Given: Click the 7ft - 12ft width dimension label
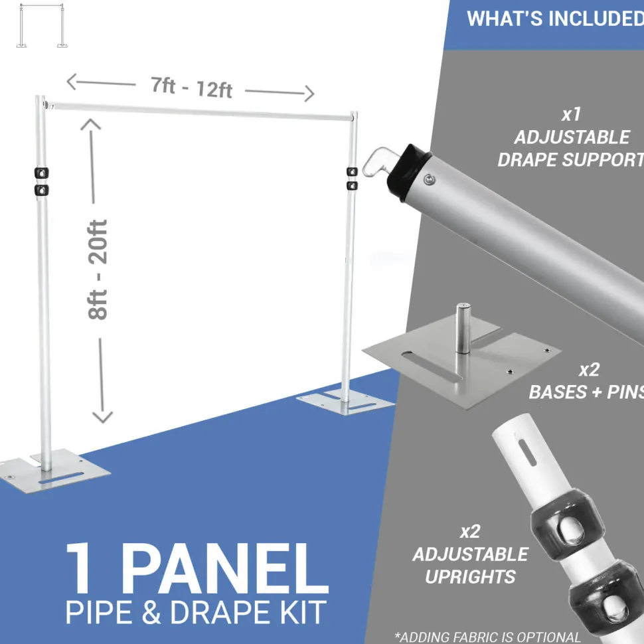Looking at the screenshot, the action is pyautogui.click(x=192, y=88).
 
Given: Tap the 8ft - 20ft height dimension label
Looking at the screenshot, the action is pyautogui.click(x=98, y=270).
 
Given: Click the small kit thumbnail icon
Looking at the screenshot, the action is pyautogui.click(x=41, y=25).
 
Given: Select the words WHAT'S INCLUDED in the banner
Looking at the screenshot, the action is pyautogui.click(x=555, y=19).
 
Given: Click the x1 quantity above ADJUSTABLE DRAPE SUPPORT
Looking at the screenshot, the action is pyautogui.click(x=572, y=115).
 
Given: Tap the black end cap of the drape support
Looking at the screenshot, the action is pyautogui.click(x=408, y=172).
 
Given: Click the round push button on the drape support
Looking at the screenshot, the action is pyautogui.click(x=429, y=179).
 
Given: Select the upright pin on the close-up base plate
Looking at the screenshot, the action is pyautogui.click(x=463, y=328).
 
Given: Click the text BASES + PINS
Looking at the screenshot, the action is pyautogui.click(x=586, y=392).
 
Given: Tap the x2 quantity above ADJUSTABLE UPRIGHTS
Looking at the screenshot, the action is pyautogui.click(x=470, y=531).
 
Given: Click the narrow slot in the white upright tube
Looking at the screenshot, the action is pyautogui.click(x=527, y=452).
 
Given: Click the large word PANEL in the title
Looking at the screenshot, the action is pyautogui.click(x=224, y=568).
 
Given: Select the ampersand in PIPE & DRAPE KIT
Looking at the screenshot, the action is pyautogui.click(x=151, y=612).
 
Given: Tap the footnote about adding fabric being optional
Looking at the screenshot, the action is pyautogui.click(x=487, y=637).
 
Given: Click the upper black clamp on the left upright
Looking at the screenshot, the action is pyautogui.click(x=41, y=173).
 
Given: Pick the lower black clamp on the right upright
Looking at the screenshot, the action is pyautogui.click(x=352, y=186).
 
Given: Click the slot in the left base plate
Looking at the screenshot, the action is pyautogui.click(x=61, y=477).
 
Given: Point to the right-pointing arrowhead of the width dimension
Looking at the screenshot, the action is pyautogui.click(x=309, y=94).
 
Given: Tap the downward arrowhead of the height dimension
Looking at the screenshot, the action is pyautogui.click(x=102, y=417).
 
